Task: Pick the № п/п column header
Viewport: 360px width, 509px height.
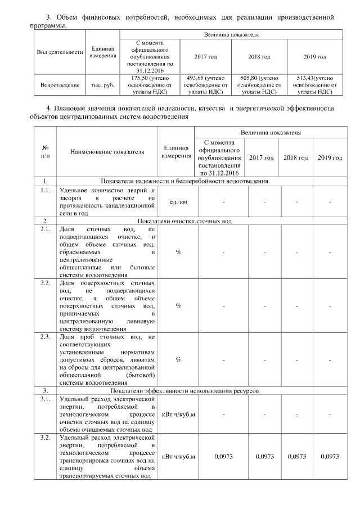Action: pyautogui.click(x=44, y=151)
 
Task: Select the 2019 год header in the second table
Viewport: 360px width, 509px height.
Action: pyautogui.click(x=330, y=158)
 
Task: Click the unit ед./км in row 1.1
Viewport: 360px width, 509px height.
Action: pyautogui.click(x=178, y=201)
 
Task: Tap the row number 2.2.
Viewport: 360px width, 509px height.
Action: pyautogui.click(x=45, y=283)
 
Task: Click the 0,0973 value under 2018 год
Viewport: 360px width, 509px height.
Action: pyautogui.click(x=297, y=457)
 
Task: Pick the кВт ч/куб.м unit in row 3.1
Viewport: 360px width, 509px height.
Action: pyautogui.click(x=178, y=415)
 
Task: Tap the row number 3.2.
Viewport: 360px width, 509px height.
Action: pyautogui.click(x=45, y=437)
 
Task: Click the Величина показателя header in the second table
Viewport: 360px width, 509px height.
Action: pyautogui.click(x=269, y=133)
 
